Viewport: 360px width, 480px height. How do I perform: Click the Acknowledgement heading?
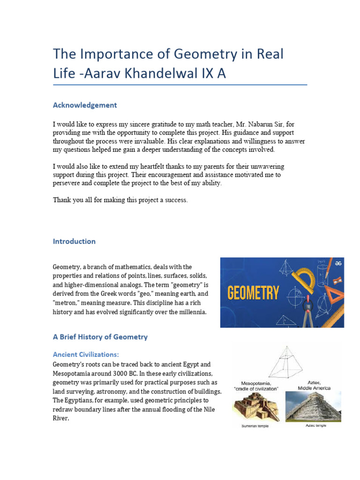point(85,105)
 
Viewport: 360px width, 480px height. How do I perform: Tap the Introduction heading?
point(74,241)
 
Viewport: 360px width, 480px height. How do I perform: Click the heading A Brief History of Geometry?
point(100,337)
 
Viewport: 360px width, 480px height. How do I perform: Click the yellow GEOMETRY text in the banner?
point(253,294)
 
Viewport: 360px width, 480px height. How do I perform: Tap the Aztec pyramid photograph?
point(314,406)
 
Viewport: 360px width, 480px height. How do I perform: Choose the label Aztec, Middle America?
point(314,385)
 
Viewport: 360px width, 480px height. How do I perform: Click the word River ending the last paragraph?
point(61,419)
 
